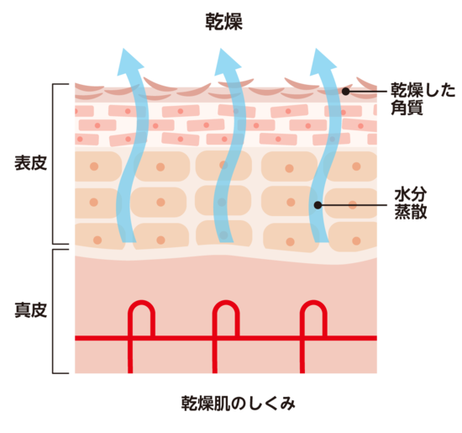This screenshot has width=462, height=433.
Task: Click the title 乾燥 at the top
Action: [x=224, y=22]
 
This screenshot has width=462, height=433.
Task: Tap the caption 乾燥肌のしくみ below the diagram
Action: [x=238, y=404]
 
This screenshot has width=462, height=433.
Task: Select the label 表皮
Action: [x=30, y=163]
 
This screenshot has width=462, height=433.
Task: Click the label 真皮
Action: [x=30, y=310]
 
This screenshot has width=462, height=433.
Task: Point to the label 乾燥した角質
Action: [x=423, y=99]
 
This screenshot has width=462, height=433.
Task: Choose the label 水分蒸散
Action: [x=411, y=203]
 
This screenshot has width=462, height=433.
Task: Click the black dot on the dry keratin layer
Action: [x=345, y=92]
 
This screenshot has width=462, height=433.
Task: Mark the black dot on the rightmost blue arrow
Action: [x=318, y=205]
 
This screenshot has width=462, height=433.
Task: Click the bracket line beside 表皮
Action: [x=53, y=164]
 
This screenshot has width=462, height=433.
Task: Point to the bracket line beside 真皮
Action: [x=53, y=311]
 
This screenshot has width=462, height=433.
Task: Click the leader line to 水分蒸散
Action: [x=354, y=205]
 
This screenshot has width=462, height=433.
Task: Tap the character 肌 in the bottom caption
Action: [x=222, y=404]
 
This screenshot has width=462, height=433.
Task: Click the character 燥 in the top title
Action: [x=234, y=22]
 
